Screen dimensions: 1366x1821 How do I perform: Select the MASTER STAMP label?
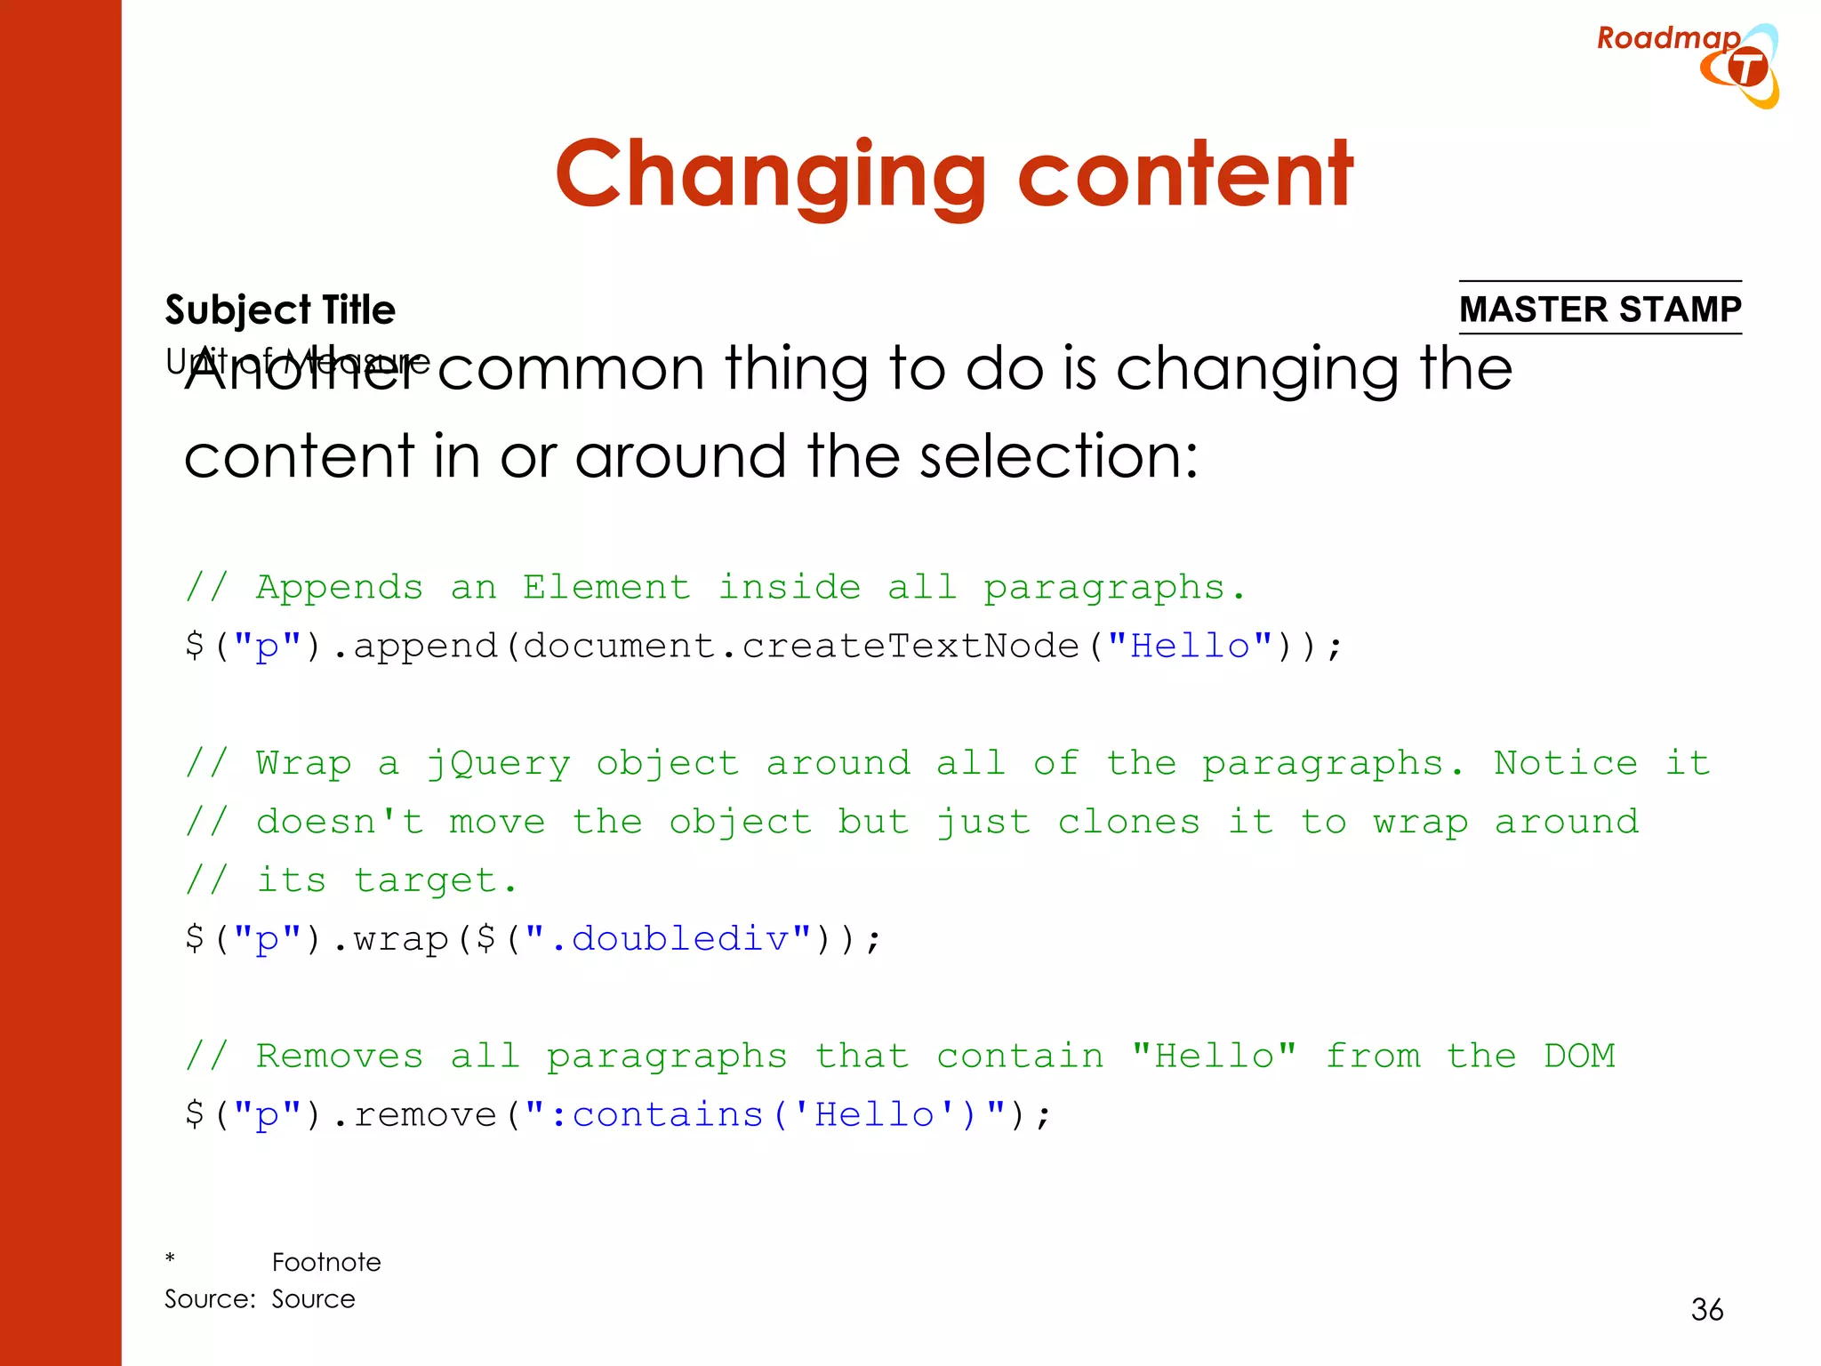(x=1600, y=309)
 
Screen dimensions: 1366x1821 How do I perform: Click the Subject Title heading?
(x=280, y=309)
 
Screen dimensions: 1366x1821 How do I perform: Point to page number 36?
(x=1706, y=1309)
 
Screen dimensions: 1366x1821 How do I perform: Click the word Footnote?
(x=326, y=1262)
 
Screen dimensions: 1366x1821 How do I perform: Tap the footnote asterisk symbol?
(x=170, y=1259)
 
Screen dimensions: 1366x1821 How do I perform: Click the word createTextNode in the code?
(x=910, y=646)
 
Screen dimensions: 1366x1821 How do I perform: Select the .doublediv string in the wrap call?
(x=679, y=939)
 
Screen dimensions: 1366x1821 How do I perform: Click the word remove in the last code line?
(x=425, y=1115)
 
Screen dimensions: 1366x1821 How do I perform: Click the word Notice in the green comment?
(x=1565, y=763)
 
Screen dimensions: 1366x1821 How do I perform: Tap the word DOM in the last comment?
(x=1579, y=1057)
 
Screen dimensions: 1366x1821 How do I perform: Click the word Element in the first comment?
(x=606, y=588)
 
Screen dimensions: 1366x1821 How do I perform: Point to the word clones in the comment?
(x=1128, y=822)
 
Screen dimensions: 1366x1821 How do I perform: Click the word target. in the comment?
(x=435, y=881)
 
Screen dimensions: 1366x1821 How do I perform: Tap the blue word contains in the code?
(x=667, y=1115)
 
